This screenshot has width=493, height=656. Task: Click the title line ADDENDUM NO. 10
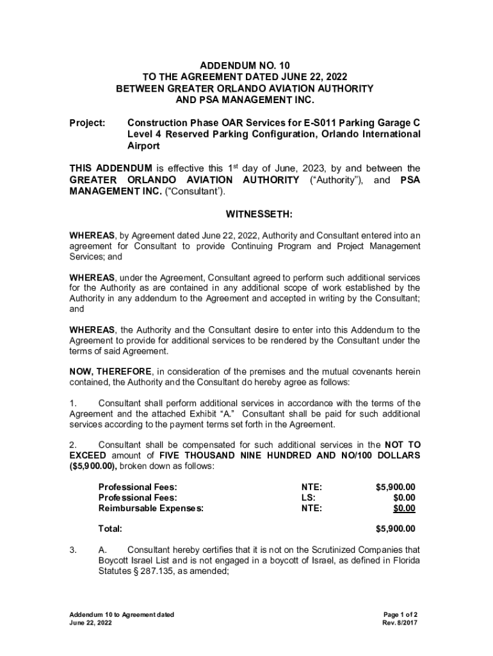tap(245, 65)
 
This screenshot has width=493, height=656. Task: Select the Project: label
tap(87, 123)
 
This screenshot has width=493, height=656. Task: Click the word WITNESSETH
tap(245, 213)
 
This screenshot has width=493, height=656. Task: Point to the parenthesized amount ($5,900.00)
tap(90, 466)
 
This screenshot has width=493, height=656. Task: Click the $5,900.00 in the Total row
tap(395, 529)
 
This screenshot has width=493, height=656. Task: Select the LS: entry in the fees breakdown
tap(309, 497)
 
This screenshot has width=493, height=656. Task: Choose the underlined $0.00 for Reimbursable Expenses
tap(404, 509)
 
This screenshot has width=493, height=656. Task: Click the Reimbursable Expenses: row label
tap(151, 509)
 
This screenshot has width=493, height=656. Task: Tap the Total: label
tap(110, 529)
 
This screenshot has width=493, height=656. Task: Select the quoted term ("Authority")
tap(337, 180)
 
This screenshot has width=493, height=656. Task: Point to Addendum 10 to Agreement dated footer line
tap(122, 615)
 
